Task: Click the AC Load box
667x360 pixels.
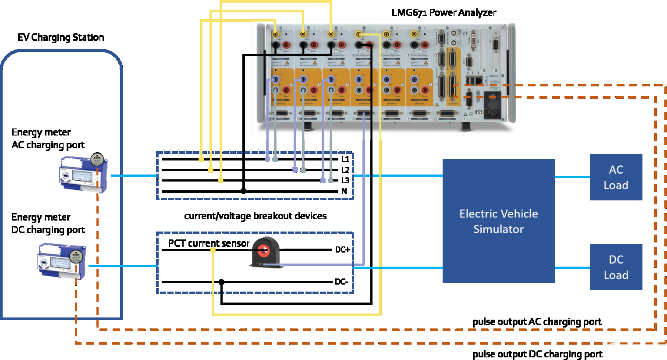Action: tap(616, 177)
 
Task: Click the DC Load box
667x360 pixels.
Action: tap(616, 267)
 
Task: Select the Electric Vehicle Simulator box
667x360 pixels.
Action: tap(498, 221)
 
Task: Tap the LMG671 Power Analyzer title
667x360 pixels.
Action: tap(443, 12)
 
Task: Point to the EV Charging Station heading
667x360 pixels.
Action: tap(60, 37)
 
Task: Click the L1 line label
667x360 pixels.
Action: tap(345, 159)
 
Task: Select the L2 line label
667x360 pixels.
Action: tap(345, 170)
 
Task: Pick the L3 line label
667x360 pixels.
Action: tap(345, 181)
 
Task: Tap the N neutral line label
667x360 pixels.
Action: tap(344, 191)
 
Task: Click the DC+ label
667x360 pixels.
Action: tap(342, 250)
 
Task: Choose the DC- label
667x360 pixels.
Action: tap(341, 282)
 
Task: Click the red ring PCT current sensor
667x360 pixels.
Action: tap(264, 251)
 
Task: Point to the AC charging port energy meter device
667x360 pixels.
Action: tap(83, 174)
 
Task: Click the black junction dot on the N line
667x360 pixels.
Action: tap(244, 191)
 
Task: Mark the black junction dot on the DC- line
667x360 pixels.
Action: tap(221, 282)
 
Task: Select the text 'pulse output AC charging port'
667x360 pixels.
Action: tap(536, 322)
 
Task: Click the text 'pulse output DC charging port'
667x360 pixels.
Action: tap(537, 354)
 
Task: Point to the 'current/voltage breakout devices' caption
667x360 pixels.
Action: tap(255, 216)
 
